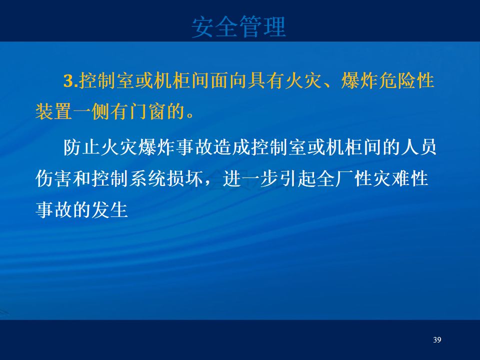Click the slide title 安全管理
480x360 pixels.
pos(239,27)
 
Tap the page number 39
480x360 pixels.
pos(437,340)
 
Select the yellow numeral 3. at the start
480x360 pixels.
pos(70,81)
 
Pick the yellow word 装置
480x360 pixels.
pos(54,111)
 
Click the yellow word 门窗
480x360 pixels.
pos(147,111)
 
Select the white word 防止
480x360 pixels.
pos(82,147)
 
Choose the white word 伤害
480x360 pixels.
pos(54,178)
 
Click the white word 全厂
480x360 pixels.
pos(335,178)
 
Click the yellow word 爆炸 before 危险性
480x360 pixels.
pos(359,81)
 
